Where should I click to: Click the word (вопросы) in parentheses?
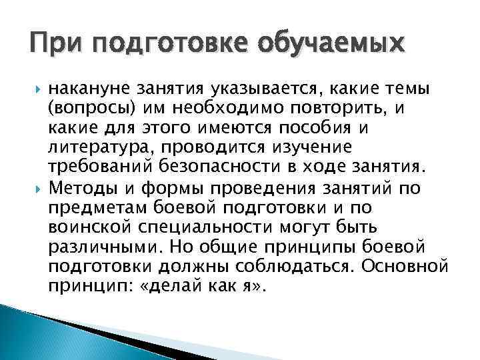pyautogui.click(x=91, y=107)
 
